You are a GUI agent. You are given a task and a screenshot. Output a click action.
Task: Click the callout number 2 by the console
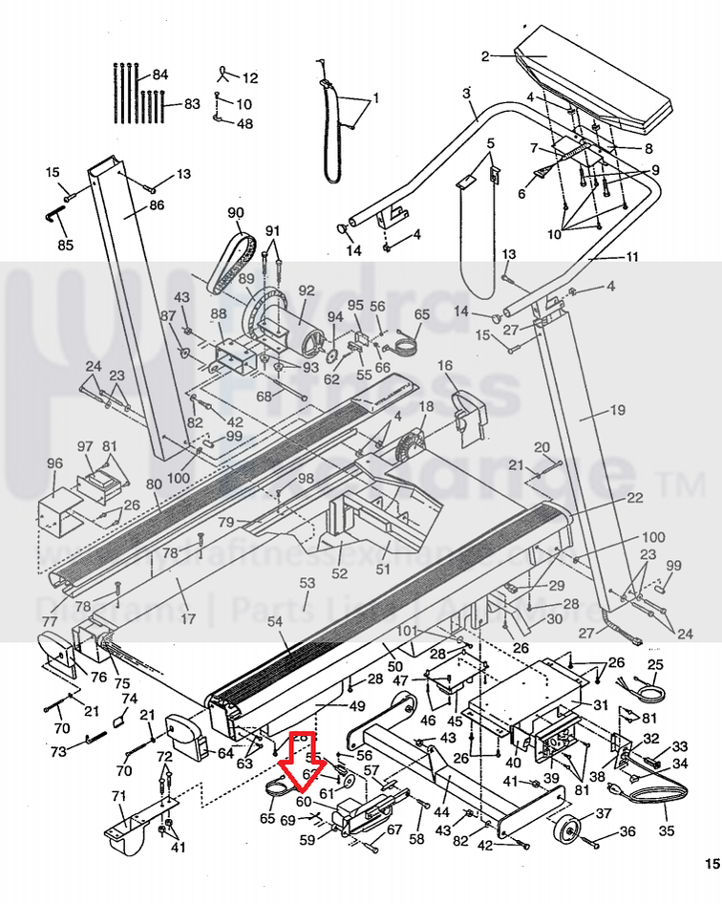pyautogui.click(x=484, y=56)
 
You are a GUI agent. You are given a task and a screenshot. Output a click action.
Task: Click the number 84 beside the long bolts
pyautogui.click(x=159, y=75)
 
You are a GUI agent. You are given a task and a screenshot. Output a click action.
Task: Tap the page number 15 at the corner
pyautogui.click(x=711, y=864)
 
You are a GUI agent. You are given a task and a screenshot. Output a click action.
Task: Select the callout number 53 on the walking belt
pyautogui.click(x=307, y=582)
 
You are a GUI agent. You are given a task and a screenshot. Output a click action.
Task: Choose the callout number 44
pyautogui.click(x=441, y=811)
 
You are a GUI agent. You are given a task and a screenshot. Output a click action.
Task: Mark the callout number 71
pyautogui.click(x=118, y=796)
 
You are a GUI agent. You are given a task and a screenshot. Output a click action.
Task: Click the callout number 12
pyautogui.click(x=250, y=78)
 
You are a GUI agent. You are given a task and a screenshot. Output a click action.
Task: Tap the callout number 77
pyautogui.click(x=50, y=622)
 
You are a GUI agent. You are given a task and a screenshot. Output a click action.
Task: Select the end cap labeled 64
pyautogui.click(x=181, y=736)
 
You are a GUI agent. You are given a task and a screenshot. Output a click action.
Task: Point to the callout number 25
pyautogui.click(x=654, y=665)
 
